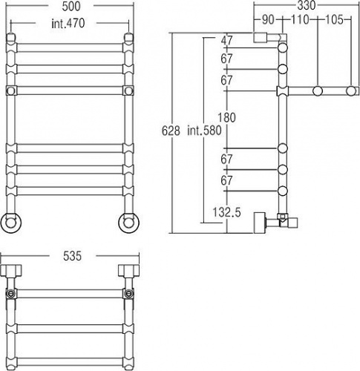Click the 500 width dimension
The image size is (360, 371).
[71, 7]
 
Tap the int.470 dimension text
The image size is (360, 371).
[68, 24]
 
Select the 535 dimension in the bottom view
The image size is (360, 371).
[72, 256]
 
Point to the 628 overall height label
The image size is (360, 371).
[171, 131]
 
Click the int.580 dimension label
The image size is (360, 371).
[204, 131]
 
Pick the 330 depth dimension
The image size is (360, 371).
[307, 6]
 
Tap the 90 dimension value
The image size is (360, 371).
[268, 20]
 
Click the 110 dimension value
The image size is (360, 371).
[300, 20]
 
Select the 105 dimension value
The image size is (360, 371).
[334, 20]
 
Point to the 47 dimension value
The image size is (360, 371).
[227, 41]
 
